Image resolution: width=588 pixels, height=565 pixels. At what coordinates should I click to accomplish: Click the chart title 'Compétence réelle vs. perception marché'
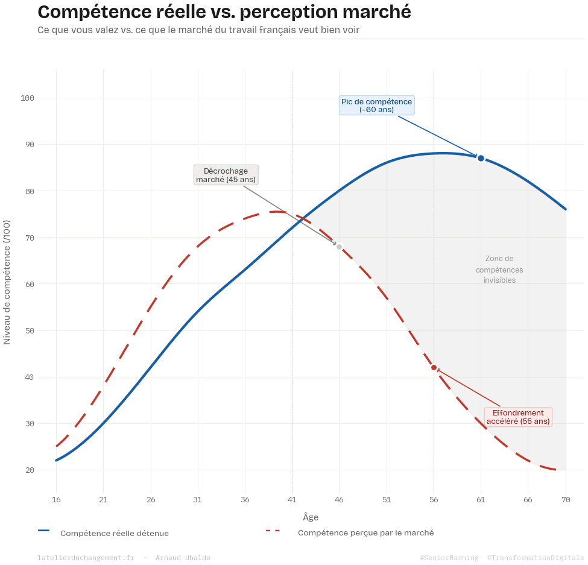(x=224, y=12)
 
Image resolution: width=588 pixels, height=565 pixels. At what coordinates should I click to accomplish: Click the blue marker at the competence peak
(x=481, y=158)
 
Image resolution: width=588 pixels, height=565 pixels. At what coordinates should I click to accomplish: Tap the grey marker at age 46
(x=339, y=247)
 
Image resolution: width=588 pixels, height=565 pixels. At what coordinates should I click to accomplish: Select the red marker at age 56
(x=434, y=367)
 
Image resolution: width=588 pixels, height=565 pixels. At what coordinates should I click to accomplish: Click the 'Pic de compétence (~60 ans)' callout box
(x=376, y=106)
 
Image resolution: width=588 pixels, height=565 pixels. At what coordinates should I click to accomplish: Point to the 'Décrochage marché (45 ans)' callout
(x=226, y=175)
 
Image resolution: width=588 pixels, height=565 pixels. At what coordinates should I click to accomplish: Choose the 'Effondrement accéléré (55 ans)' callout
(x=518, y=417)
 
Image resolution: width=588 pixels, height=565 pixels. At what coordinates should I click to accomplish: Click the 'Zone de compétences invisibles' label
(x=499, y=270)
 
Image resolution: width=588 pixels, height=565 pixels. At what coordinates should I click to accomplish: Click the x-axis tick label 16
(x=56, y=500)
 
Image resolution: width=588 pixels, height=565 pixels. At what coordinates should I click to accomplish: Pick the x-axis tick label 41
(x=292, y=500)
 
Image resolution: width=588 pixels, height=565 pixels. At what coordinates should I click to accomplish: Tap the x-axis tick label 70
(x=566, y=500)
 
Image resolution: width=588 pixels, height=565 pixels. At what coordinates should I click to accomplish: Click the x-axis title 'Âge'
(x=311, y=517)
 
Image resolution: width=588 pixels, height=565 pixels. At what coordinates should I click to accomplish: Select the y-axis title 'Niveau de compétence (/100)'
(x=7, y=282)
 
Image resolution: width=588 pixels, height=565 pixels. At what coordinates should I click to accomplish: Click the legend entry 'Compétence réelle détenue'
(x=115, y=534)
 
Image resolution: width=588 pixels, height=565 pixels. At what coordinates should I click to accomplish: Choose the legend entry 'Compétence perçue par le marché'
(x=365, y=533)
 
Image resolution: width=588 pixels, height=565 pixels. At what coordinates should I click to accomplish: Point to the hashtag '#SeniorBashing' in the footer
(x=449, y=558)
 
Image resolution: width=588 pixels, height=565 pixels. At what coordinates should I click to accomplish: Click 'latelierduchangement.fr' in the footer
(x=86, y=558)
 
